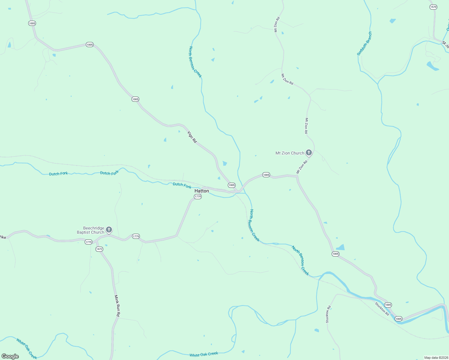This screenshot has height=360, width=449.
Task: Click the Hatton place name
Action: (202, 191)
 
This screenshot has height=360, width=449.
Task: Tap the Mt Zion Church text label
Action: (290, 153)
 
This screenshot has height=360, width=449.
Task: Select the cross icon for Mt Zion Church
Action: (309, 153)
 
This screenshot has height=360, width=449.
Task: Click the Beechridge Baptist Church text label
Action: (90, 230)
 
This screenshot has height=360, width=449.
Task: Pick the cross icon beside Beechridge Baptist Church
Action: (109, 230)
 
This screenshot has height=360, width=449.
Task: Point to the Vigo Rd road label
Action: (192, 137)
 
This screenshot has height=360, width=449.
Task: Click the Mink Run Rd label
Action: (117, 306)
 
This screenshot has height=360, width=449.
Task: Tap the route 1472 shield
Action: (99, 249)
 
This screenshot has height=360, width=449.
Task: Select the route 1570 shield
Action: (433, 7)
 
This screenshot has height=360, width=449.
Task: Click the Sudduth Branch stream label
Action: (364, 44)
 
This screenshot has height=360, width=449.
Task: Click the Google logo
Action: (10, 356)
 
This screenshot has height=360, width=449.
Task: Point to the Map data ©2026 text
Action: (436, 358)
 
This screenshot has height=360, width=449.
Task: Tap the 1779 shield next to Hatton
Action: (197, 196)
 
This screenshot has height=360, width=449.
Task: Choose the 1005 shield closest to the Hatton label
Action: (232, 185)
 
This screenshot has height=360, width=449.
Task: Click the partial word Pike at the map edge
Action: (3, 237)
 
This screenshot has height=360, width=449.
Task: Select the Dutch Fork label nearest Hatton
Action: (182, 185)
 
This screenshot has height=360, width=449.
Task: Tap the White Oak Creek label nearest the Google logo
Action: (27, 349)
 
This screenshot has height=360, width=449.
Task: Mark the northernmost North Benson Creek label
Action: (195, 62)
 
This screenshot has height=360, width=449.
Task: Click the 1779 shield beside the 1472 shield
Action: (88, 242)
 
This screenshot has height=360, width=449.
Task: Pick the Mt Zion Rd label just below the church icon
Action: (302, 167)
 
